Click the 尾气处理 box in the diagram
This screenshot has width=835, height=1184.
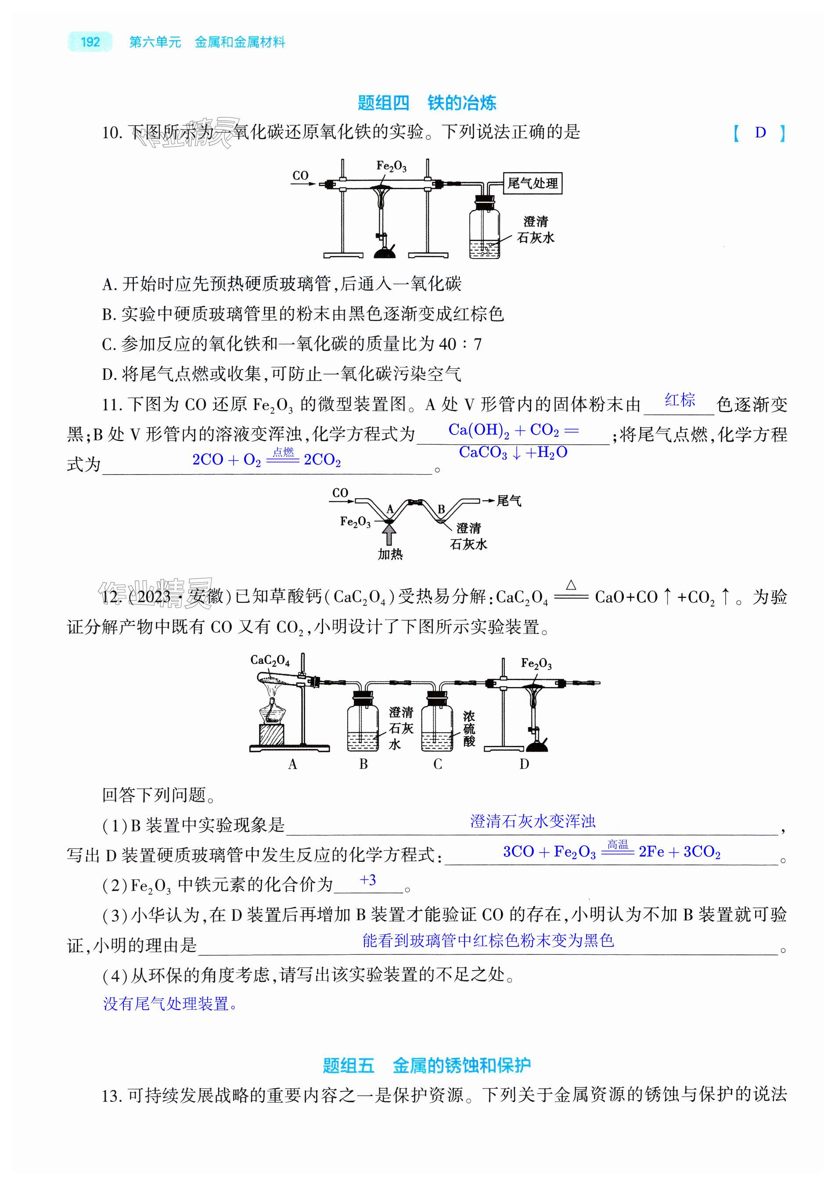[x=532, y=183]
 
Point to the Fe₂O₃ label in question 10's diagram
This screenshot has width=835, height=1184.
[x=390, y=166]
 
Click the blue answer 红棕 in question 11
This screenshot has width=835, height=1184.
[x=679, y=400]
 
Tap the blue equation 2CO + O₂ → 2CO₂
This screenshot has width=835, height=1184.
[x=266, y=459]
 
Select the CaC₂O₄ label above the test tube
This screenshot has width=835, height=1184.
[x=270, y=660]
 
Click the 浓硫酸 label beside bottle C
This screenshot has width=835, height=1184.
[x=468, y=729]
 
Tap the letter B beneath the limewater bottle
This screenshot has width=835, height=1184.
[x=364, y=764]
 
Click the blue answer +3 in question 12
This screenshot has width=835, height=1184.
[x=368, y=880]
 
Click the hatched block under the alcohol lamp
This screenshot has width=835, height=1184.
[x=271, y=734]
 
